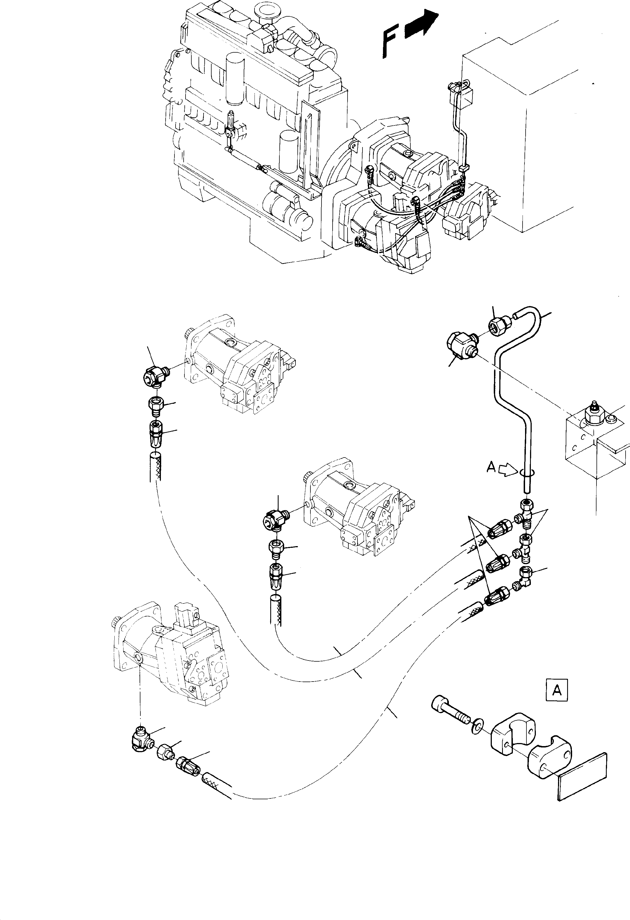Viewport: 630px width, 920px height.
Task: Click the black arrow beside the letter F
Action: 422,27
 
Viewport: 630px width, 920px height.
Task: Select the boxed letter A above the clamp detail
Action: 556,690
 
